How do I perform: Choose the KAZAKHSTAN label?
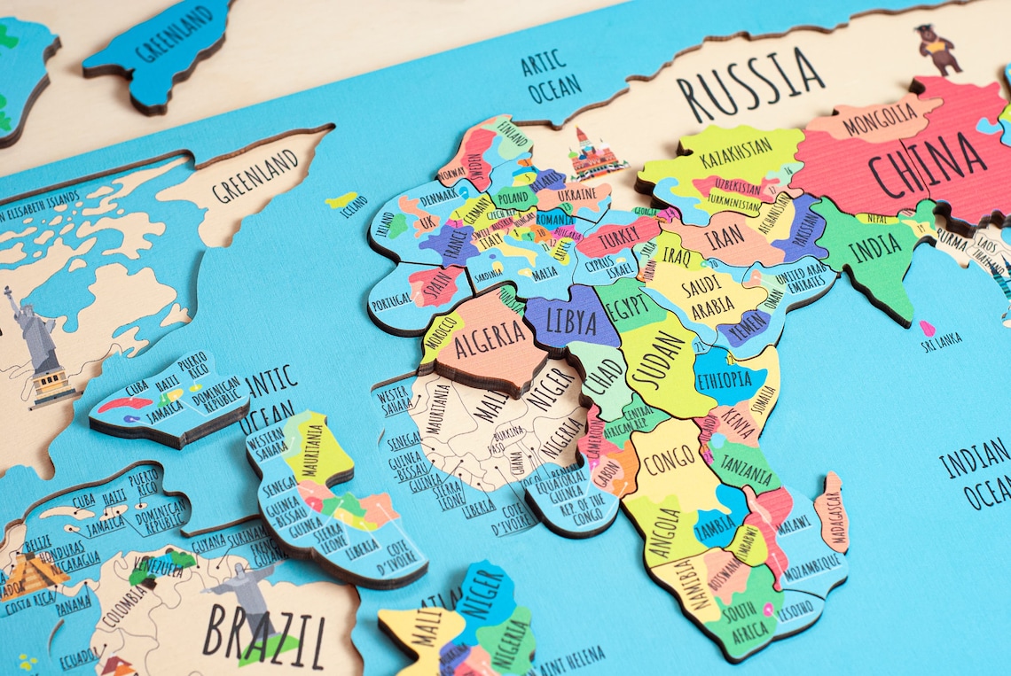[x=735, y=151]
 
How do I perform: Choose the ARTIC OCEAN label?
[x=550, y=77]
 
